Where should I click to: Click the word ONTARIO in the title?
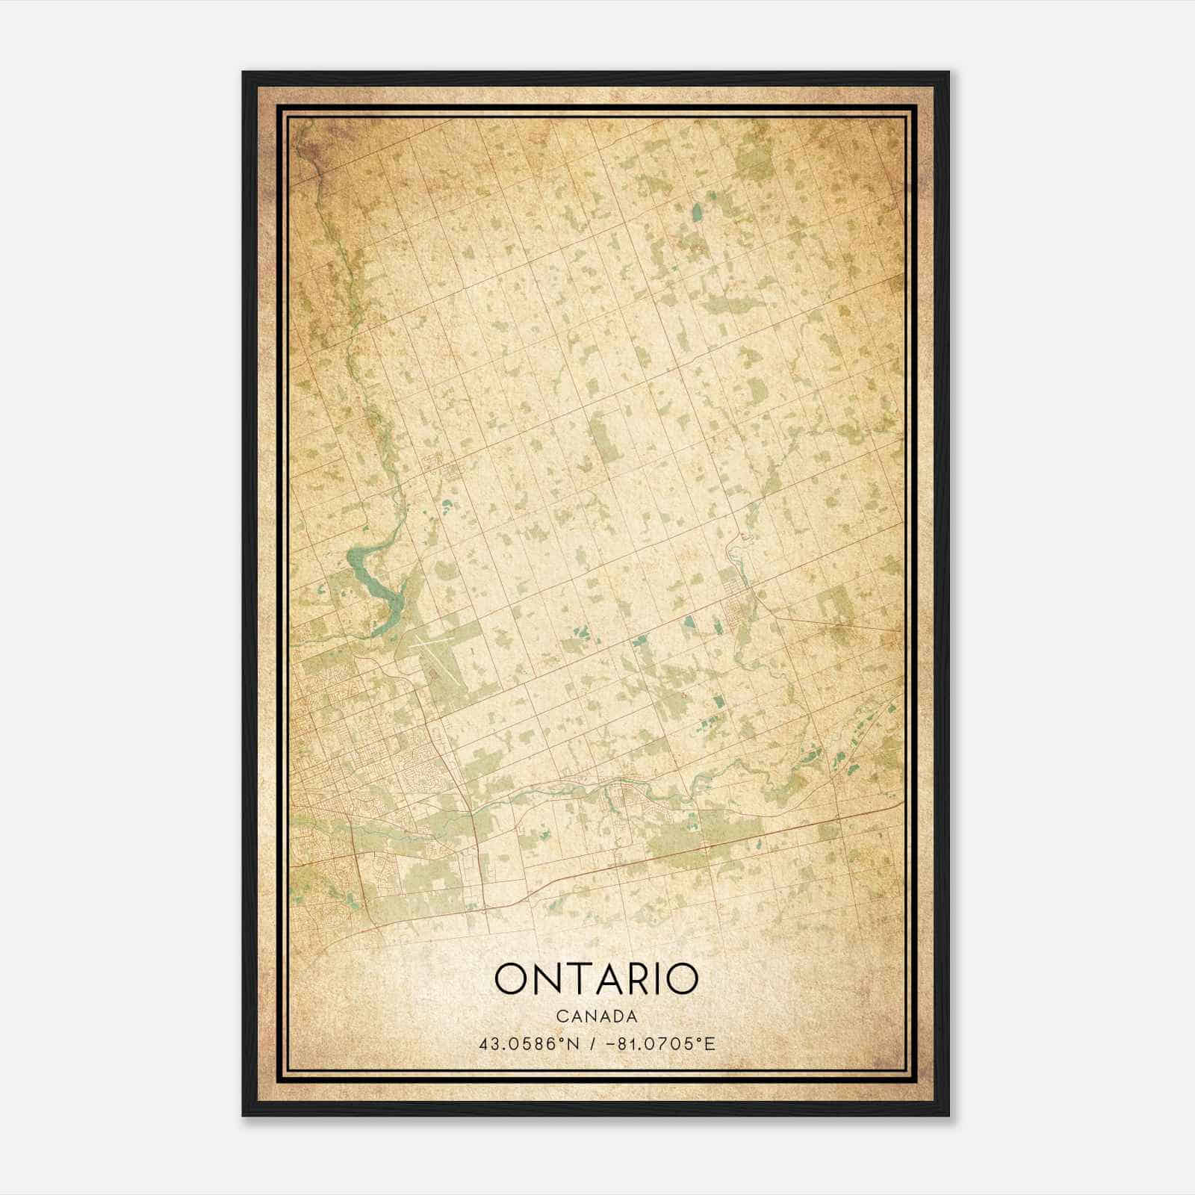[596, 979]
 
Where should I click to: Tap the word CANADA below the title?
[596, 1016]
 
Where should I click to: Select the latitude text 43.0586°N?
[530, 1043]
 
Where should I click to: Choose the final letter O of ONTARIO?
[680, 979]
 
